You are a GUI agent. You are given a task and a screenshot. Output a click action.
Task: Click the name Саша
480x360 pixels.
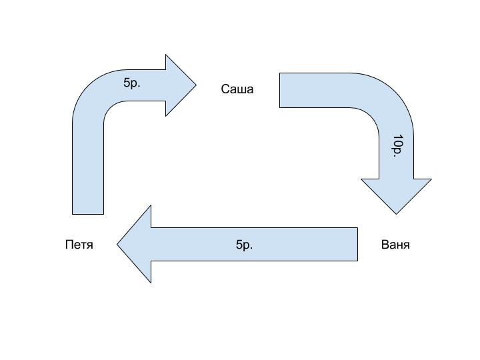point(237,89)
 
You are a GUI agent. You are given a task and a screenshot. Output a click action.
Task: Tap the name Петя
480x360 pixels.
point(79,245)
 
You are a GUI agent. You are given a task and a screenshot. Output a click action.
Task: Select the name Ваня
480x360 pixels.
point(395,245)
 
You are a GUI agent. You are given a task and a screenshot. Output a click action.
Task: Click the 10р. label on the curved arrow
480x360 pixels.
point(397,146)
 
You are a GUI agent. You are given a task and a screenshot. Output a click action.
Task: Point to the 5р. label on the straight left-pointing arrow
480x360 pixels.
point(245,245)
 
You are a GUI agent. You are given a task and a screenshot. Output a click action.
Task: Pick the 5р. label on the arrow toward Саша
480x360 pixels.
point(132,83)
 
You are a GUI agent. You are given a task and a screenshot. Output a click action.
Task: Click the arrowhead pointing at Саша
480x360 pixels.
point(180,85)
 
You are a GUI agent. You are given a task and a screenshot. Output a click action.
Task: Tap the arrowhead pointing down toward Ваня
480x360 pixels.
point(396,195)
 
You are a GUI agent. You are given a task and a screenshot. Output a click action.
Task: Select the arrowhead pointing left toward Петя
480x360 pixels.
point(136,244)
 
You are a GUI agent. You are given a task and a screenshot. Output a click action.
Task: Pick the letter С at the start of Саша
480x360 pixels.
point(225,89)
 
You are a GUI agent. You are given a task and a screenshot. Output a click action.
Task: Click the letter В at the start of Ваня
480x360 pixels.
point(385,245)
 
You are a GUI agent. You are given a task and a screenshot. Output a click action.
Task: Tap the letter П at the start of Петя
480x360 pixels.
point(69,245)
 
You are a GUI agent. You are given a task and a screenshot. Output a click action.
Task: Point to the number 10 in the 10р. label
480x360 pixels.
point(397,141)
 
